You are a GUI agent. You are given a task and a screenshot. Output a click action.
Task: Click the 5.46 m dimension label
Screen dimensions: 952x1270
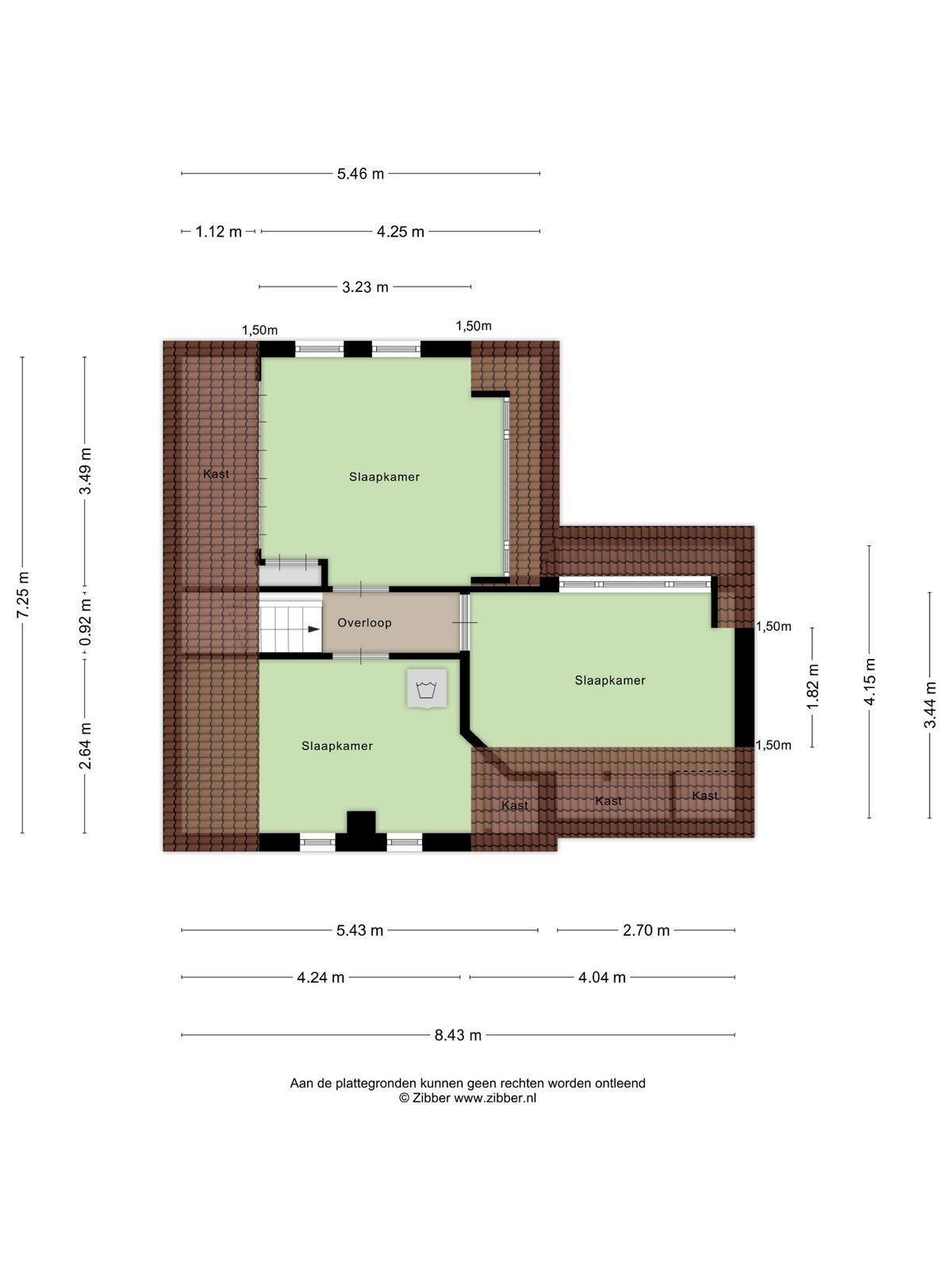pos(360,174)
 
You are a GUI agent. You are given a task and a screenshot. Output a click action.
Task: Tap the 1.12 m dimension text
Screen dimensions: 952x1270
pos(218,232)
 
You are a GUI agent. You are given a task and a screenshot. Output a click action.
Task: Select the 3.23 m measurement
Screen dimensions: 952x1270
pos(365,287)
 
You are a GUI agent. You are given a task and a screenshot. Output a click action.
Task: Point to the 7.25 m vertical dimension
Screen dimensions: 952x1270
pos(23,595)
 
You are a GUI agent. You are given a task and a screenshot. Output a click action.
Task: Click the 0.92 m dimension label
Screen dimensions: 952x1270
pos(86,622)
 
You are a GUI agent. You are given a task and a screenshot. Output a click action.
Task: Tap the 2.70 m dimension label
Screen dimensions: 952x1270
pos(647,930)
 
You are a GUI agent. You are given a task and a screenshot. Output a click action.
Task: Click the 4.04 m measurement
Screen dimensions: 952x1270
pos(602,977)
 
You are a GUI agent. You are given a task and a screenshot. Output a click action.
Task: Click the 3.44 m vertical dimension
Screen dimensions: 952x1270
pos(930,705)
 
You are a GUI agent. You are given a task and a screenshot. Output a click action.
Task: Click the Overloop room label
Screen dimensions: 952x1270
pos(365,623)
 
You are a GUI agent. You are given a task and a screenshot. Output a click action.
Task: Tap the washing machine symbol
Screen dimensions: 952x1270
pos(427,688)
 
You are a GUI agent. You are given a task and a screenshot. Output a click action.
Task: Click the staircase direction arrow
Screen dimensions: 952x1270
pos(314,629)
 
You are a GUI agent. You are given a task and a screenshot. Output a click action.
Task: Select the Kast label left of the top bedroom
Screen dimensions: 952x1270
pos(216,474)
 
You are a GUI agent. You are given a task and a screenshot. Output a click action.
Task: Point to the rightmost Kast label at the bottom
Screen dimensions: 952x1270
pos(705,795)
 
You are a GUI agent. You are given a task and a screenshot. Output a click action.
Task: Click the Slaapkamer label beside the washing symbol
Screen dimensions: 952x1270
pos(337,746)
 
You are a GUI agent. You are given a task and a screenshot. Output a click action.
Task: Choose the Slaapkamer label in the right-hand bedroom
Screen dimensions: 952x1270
pos(610,680)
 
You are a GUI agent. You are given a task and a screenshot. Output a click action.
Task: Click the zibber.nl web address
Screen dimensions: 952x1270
pos(495,1099)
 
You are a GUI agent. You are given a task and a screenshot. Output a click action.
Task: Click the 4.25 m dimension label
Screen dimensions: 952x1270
pos(401,232)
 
